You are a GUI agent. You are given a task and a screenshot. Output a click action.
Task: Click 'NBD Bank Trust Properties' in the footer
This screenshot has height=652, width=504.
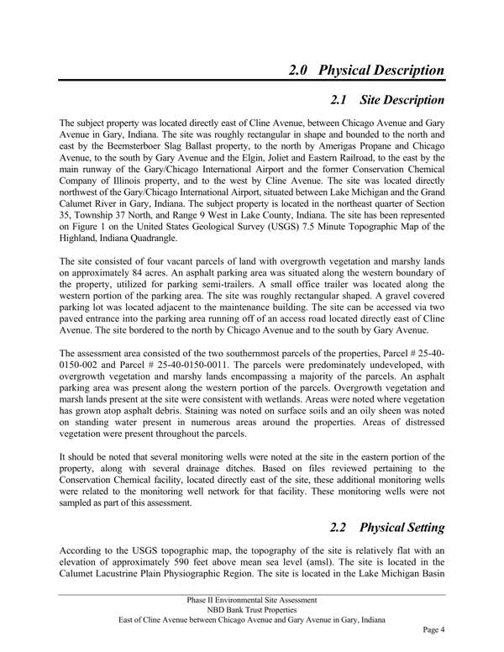coord(252,611)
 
